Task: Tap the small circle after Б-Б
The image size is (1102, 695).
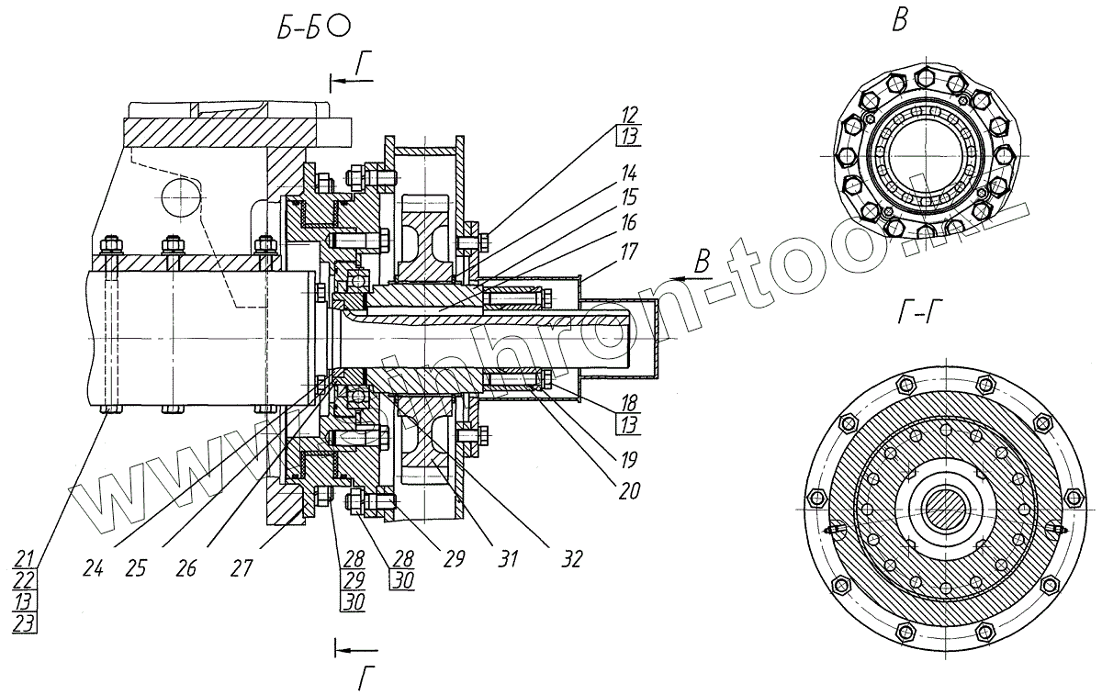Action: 338,28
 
